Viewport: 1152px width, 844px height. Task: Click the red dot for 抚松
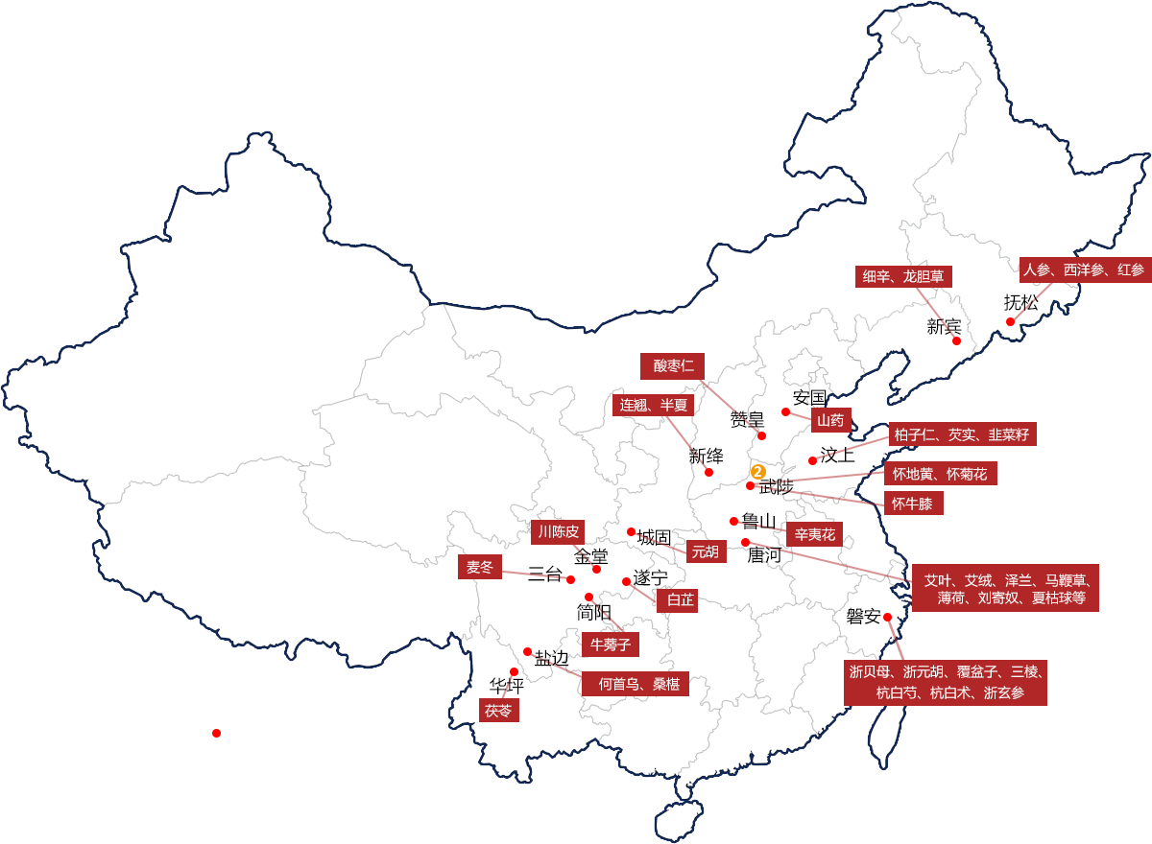[x=1011, y=322]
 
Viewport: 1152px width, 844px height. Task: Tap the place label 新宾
[x=944, y=326]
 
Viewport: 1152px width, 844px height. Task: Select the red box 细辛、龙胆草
[x=903, y=277]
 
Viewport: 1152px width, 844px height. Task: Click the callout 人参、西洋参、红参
[x=1083, y=270]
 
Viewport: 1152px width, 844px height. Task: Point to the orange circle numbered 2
[x=756, y=472]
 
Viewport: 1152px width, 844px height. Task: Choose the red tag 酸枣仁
[x=673, y=365]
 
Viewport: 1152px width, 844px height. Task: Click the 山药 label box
[x=830, y=420]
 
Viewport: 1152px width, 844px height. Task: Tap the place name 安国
[x=809, y=397]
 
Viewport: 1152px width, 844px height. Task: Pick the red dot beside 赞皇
[x=762, y=435]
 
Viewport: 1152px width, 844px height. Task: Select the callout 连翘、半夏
[x=653, y=405]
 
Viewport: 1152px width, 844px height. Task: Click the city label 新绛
[x=706, y=456]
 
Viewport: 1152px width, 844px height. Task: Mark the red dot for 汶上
[x=812, y=461]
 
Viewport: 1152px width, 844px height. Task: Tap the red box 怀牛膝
[x=911, y=504]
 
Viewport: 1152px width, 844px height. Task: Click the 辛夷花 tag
[x=814, y=534]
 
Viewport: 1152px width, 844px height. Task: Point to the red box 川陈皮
[x=558, y=531]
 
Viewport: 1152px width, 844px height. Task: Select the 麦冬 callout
[x=479, y=567]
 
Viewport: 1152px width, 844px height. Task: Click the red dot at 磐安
[x=888, y=617]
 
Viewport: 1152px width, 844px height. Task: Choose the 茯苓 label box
[x=498, y=711]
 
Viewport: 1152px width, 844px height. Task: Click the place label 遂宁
[x=651, y=578]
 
